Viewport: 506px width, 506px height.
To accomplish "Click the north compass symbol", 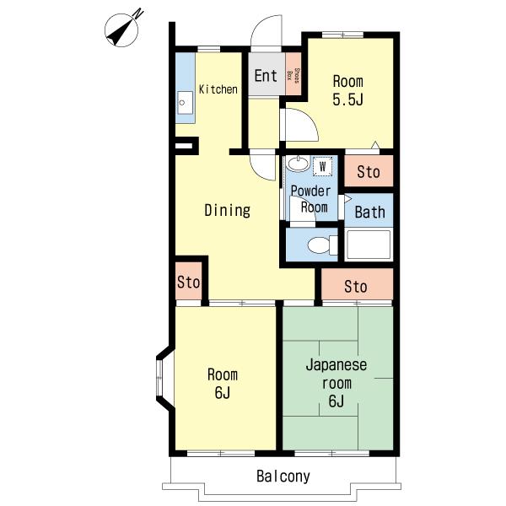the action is [121, 30].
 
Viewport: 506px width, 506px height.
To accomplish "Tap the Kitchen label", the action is [218, 89].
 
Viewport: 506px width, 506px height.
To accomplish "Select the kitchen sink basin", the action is [186, 103].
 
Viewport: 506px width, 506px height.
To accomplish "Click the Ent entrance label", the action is [266, 76].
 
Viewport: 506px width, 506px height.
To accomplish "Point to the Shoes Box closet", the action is [293, 74].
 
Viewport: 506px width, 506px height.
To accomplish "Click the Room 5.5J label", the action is [347, 90].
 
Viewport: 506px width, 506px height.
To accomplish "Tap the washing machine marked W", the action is [322, 166].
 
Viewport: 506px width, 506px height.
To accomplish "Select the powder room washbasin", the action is [299, 164].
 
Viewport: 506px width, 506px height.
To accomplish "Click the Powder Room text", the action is [310, 199].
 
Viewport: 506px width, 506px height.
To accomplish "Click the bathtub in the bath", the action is [369, 245].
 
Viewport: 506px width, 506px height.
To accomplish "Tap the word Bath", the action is [370, 213].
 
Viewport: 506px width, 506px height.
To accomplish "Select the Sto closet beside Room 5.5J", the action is [369, 171].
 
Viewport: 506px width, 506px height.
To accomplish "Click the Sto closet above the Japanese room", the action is [358, 285].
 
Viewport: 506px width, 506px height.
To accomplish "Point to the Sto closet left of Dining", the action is [189, 281].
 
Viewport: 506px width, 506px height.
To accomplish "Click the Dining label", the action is [228, 210].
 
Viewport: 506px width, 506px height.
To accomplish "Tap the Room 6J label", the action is [223, 383].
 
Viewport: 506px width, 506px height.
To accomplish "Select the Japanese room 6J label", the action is [336, 383].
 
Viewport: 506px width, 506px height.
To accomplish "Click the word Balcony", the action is [283, 476].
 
